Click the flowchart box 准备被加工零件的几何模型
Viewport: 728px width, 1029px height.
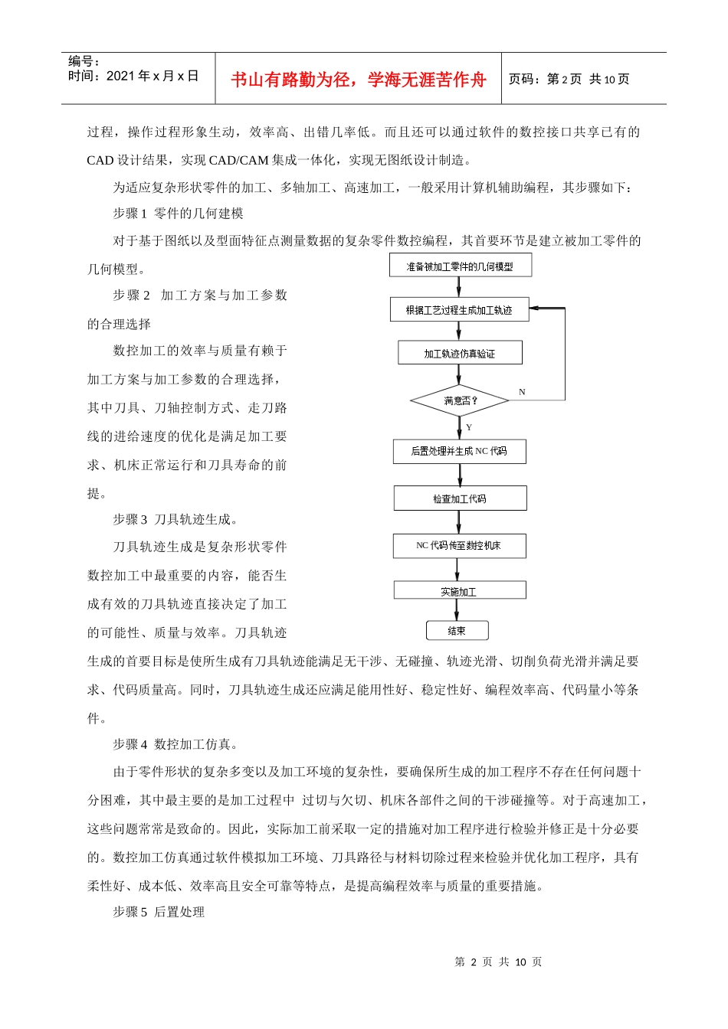coord(460,266)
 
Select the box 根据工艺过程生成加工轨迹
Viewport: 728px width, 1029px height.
coord(459,310)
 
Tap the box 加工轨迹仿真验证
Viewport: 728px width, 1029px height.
coord(460,353)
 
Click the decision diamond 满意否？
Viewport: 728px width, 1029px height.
coord(460,400)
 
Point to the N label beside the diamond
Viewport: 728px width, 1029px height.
coord(522,392)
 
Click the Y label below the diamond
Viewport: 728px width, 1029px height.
coord(469,427)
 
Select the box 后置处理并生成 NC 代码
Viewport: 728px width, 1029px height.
coord(459,451)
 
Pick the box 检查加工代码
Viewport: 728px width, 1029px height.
coord(460,498)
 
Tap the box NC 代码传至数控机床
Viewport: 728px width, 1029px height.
coord(458,545)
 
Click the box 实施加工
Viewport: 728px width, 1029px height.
coord(459,591)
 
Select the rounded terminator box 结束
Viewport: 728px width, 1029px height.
coord(457,631)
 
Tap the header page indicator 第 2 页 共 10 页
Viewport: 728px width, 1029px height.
coord(569,80)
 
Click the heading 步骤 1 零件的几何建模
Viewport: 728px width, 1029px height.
coord(178,214)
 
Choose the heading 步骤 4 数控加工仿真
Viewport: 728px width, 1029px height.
coord(175,744)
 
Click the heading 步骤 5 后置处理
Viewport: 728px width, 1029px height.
coord(159,912)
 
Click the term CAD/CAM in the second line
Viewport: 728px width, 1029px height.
coord(238,160)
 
